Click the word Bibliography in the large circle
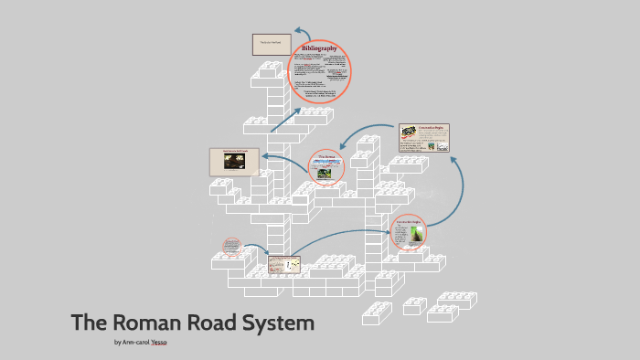320,47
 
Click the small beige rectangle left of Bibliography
272,44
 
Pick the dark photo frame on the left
234,162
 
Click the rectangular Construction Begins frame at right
424,138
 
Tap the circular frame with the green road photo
408,232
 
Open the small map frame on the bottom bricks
283,264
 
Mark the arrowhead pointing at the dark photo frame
265,156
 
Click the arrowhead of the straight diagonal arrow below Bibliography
298,111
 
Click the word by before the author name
118,343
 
